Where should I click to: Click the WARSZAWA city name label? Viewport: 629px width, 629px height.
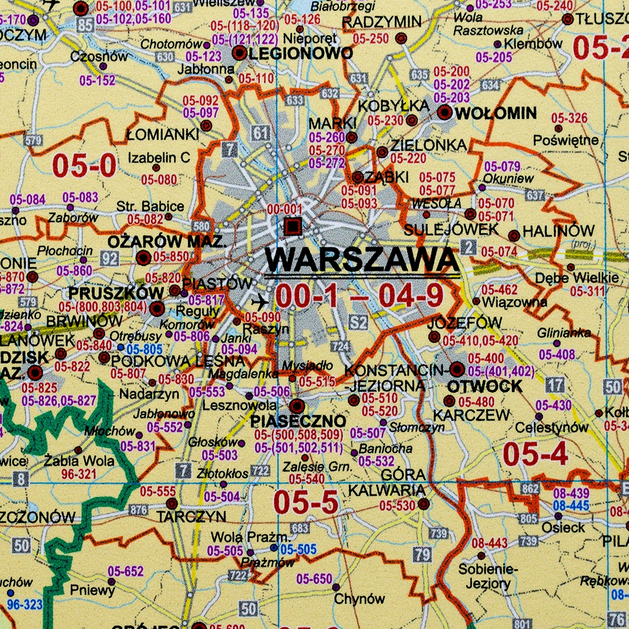pos(361,259)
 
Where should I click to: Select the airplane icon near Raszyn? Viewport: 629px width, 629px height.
pos(258,302)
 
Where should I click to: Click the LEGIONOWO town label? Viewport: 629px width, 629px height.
pos(301,53)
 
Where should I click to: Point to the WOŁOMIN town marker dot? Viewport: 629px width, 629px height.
pos(445,113)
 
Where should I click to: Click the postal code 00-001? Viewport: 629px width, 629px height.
pos(285,209)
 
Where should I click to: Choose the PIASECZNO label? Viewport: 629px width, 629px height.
pos(298,420)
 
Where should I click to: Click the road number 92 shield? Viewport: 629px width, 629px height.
pos(109,258)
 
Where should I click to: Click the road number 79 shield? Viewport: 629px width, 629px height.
pos(422,555)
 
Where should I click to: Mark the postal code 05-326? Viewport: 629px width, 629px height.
pos(569,118)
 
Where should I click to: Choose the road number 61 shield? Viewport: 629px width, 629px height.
pos(262,133)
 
